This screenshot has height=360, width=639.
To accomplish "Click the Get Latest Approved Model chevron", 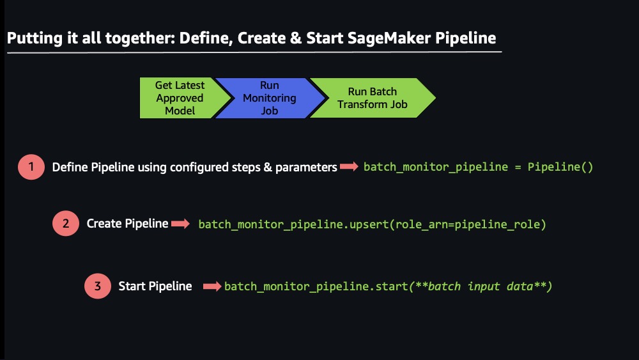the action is [x=182, y=98].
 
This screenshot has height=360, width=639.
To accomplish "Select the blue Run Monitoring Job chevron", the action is [x=270, y=98].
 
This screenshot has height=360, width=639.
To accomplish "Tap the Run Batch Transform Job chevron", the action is [x=373, y=98].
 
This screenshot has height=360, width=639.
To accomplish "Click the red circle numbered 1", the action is [x=31, y=167].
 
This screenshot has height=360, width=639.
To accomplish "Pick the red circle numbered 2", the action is [x=66, y=223].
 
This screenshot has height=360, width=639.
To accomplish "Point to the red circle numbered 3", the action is [x=97, y=286].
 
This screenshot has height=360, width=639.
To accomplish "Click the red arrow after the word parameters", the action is [x=349, y=166].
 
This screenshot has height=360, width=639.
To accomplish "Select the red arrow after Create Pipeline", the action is [x=180, y=223].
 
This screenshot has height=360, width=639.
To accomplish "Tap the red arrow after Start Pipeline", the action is [x=212, y=286].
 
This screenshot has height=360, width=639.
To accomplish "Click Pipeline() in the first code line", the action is [x=560, y=167].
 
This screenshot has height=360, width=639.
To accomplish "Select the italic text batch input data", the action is [x=481, y=286].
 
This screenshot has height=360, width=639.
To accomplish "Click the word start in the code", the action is [x=392, y=286].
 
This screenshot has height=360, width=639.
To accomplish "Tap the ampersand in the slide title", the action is [x=296, y=38].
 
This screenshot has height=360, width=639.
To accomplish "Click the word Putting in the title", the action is [x=35, y=38].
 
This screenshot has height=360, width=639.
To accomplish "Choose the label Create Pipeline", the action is [x=127, y=223].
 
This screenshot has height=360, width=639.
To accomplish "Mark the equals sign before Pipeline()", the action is [x=518, y=167].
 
